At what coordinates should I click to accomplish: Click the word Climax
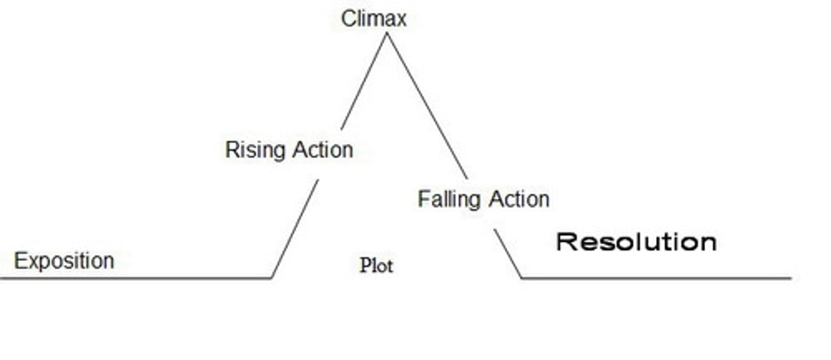(x=373, y=18)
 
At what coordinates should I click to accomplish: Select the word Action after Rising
(x=323, y=149)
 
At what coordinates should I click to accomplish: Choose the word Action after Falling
(x=519, y=199)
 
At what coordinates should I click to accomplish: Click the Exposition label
(x=63, y=261)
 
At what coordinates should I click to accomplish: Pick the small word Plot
(x=376, y=265)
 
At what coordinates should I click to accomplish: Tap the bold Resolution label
(x=636, y=242)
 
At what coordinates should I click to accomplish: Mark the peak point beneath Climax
(x=386, y=33)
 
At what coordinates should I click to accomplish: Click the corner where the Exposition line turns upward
(x=272, y=278)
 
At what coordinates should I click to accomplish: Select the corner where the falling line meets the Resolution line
(x=522, y=278)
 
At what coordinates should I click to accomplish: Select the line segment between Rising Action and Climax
(x=364, y=81)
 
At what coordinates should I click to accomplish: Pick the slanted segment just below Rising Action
(x=295, y=229)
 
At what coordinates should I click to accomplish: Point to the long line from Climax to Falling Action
(x=426, y=106)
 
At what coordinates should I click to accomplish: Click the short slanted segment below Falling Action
(x=508, y=254)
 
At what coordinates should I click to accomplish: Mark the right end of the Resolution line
(x=790, y=278)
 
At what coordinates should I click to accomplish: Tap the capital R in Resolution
(x=567, y=242)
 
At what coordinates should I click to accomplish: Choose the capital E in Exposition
(x=20, y=261)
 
